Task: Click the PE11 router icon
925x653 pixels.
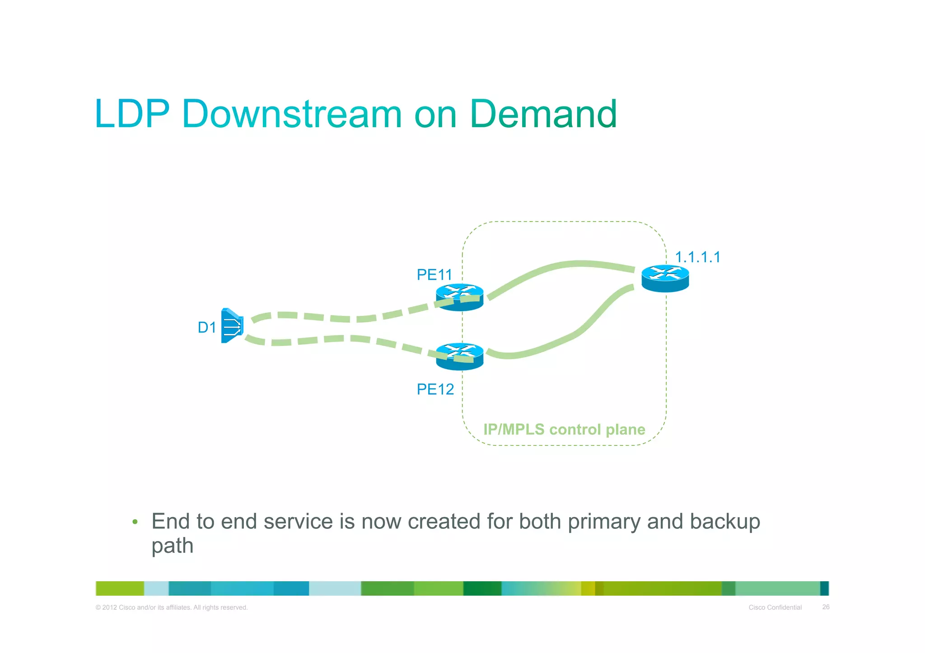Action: coord(459,297)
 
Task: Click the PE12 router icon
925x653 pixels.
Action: coord(459,357)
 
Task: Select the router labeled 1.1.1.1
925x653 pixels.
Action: coord(665,278)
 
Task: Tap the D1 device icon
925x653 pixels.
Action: coord(232,325)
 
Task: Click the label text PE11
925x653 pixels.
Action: coord(434,274)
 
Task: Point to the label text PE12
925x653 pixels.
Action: coord(435,389)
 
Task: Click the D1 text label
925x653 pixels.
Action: coord(207,327)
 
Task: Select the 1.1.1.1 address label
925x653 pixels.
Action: coord(697,257)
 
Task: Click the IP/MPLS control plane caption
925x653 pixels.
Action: coord(564,429)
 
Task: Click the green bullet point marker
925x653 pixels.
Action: coord(135,523)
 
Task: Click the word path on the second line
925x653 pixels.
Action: coord(172,546)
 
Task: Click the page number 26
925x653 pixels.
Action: coord(826,607)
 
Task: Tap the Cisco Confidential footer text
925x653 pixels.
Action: coord(775,607)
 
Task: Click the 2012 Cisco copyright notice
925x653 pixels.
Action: coord(172,607)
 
